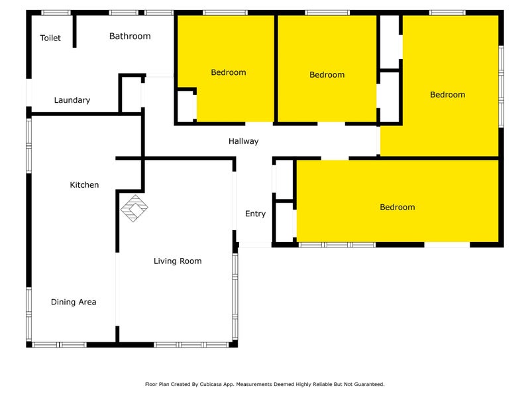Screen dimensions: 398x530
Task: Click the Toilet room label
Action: (x=50, y=38)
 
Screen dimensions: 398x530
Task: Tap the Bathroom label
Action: (x=130, y=36)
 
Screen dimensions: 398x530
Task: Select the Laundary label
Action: (x=72, y=100)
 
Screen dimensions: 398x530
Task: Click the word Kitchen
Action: (x=84, y=185)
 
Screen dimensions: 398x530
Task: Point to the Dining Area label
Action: (x=74, y=302)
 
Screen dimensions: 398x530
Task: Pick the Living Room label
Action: (x=178, y=261)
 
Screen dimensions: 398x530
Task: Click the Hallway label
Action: (x=243, y=141)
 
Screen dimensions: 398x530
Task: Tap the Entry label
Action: (x=255, y=214)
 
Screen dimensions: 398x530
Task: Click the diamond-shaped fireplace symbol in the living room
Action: (x=134, y=208)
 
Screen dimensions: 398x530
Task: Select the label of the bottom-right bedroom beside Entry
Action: (x=397, y=207)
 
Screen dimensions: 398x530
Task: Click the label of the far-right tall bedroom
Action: (x=447, y=95)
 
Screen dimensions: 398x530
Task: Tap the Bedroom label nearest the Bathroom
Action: (x=229, y=72)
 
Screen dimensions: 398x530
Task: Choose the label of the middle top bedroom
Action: (x=327, y=75)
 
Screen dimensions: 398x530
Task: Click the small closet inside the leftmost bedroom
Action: (x=185, y=105)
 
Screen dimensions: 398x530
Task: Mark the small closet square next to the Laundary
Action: (x=130, y=94)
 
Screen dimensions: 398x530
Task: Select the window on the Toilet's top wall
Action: (x=56, y=13)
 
